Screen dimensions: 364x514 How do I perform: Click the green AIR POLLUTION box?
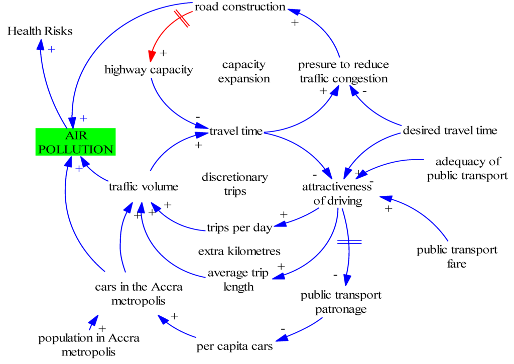click(75, 142)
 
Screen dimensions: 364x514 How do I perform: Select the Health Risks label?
click(40, 31)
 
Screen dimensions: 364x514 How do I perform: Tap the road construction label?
click(240, 7)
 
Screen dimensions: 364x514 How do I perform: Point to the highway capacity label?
click(149, 69)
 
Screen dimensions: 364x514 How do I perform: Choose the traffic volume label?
click(144, 187)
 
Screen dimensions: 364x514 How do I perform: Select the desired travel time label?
click(450, 131)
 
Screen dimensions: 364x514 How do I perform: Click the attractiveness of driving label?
click(337, 194)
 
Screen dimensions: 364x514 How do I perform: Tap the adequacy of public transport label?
click(468, 169)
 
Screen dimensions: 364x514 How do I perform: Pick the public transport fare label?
click(457, 257)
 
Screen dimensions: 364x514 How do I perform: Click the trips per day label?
click(239, 227)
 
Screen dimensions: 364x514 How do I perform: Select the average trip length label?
click(238, 280)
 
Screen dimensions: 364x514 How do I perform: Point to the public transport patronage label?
click(341, 302)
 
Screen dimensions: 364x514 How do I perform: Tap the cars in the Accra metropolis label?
click(139, 294)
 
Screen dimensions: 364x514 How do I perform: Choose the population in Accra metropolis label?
click(89, 345)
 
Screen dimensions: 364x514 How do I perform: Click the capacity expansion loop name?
click(243, 71)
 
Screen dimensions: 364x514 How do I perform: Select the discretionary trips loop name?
click(234, 184)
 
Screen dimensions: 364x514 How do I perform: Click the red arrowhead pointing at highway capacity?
click(151, 55)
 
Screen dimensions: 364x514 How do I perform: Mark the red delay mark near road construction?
click(182, 19)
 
